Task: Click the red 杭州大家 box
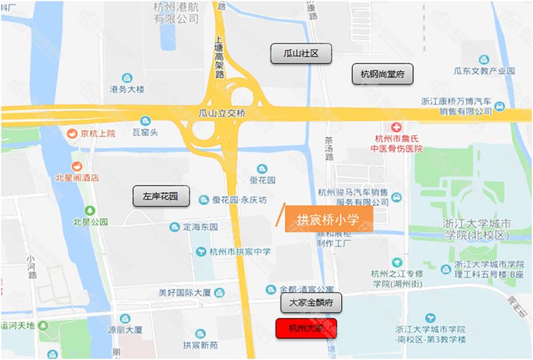(x=306, y=328)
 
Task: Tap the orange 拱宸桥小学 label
(x=327, y=219)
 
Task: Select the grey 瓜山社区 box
(x=300, y=53)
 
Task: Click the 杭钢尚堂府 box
(x=383, y=74)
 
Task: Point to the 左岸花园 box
(x=161, y=197)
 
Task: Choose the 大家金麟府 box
(x=311, y=303)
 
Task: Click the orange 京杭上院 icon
(x=71, y=134)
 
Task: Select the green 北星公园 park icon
(x=89, y=211)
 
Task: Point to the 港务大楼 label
(x=127, y=89)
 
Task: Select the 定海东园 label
(x=200, y=227)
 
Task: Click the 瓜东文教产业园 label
(x=484, y=71)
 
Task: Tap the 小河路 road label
(x=32, y=254)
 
